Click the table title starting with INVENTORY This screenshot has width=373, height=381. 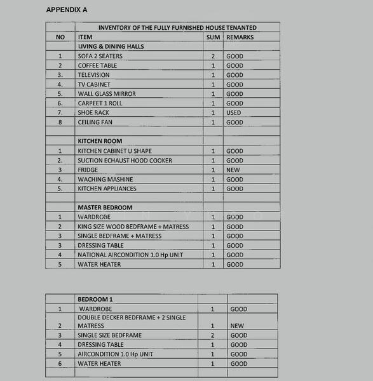click(177, 27)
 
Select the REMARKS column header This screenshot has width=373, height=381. click(240, 37)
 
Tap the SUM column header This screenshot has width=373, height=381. click(214, 37)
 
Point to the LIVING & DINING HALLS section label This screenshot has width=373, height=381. click(111, 46)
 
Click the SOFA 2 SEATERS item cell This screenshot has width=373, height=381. click(100, 56)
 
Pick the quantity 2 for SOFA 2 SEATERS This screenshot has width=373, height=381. click(214, 56)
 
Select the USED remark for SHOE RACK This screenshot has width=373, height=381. click(234, 112)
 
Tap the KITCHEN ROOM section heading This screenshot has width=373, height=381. click(100, 141)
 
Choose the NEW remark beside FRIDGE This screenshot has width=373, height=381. click(233, 170)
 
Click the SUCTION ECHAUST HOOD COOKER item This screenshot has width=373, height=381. click(125, 160)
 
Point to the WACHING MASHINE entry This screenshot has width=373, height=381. click(106, 179)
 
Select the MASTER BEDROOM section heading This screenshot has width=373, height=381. click(105, 207)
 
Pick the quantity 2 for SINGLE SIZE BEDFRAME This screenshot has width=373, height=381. click(213, 335)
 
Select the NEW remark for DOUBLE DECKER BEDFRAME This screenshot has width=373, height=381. click(237, 326)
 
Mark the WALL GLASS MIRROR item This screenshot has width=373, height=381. click(107, 93)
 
